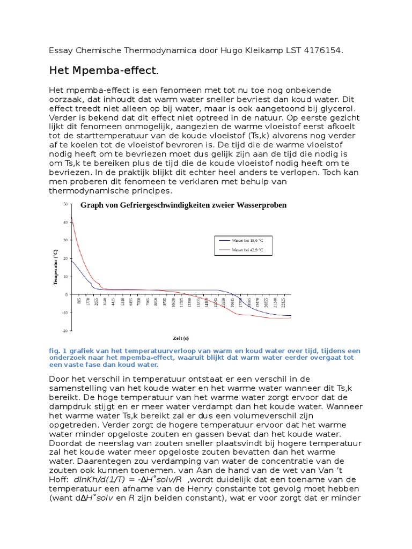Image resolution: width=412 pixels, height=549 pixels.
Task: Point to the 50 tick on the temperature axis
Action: pos(65,204)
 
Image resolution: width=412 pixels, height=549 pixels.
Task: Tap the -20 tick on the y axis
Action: pos(65,331)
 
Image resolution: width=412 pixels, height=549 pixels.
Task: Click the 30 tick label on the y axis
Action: pos(65,240)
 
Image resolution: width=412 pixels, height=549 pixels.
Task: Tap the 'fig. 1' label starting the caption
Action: pos(56,351)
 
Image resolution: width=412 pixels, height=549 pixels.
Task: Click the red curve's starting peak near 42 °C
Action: pos(72,217)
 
